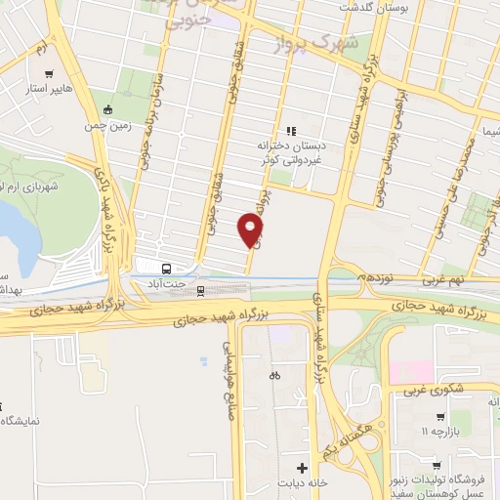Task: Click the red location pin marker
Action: pos(252,232)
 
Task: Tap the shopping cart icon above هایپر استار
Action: pos(48,71)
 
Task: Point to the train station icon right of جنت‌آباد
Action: pos(200,289)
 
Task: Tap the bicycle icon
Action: pos(274,375)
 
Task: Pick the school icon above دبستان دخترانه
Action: pos(289,131)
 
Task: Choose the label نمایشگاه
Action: pos(20,421)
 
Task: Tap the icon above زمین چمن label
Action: pos(106,109)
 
